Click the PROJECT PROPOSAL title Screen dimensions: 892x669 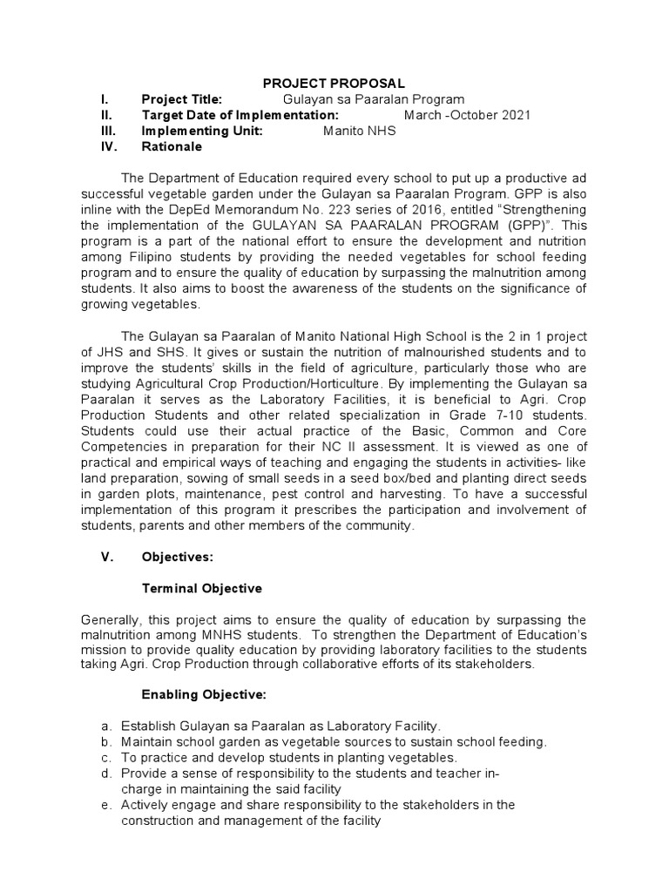coord(334,84)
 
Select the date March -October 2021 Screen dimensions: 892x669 coord(467,115)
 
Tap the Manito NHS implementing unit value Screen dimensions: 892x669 coord(359,131)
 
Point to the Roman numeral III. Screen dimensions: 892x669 coord(106,131)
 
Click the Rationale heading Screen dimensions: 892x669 coord(172,146)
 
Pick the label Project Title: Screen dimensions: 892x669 coord(182,99)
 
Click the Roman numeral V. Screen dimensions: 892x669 coord(107,557)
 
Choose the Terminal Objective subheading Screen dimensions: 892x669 coord(201,588)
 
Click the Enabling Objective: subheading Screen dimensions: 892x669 coord(204,695)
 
